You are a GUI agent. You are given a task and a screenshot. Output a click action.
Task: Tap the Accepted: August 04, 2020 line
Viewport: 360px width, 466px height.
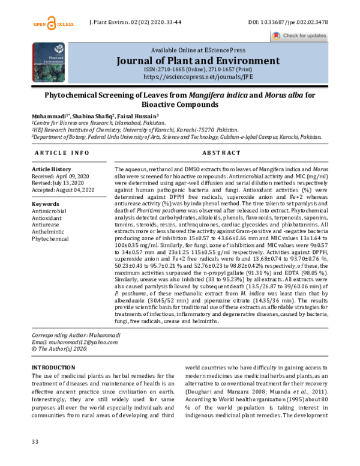click(x=64, y=190)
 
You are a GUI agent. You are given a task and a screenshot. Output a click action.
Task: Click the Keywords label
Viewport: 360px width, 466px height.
click(x=45, y=204)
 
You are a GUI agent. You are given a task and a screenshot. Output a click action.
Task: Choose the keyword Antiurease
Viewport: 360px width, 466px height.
click(x=47, y=225)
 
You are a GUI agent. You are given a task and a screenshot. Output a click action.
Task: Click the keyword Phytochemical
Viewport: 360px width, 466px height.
click(x=50, y=238)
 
